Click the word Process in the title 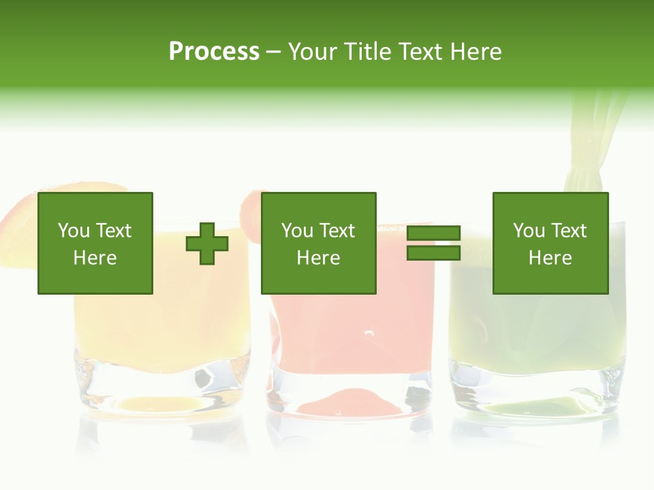(x=214, y=52)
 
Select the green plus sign (x=207, y=244)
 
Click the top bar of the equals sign (x=433, y=233)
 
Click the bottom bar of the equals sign (x=433, y=253)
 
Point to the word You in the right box (x=529, y=231)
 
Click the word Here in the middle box (x=319, y=258)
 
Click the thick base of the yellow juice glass (x=161, y=388)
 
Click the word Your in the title (x=314, y=52)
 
